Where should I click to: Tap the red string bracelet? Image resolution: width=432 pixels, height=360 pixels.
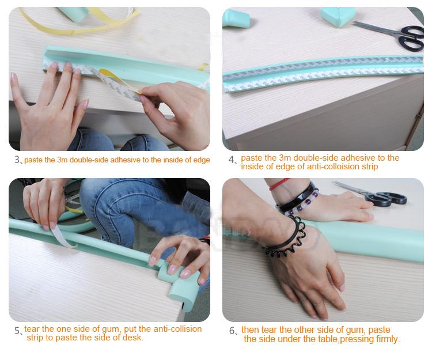(279, 184)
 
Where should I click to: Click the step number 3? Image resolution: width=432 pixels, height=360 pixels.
(17, 160)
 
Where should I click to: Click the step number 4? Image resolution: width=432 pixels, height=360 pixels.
(231, 160)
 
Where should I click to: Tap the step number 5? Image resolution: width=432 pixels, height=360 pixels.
(17, 331)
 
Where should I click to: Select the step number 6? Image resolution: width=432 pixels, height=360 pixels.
(232, 331)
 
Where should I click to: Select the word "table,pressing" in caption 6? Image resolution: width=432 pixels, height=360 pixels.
(339, 339)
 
